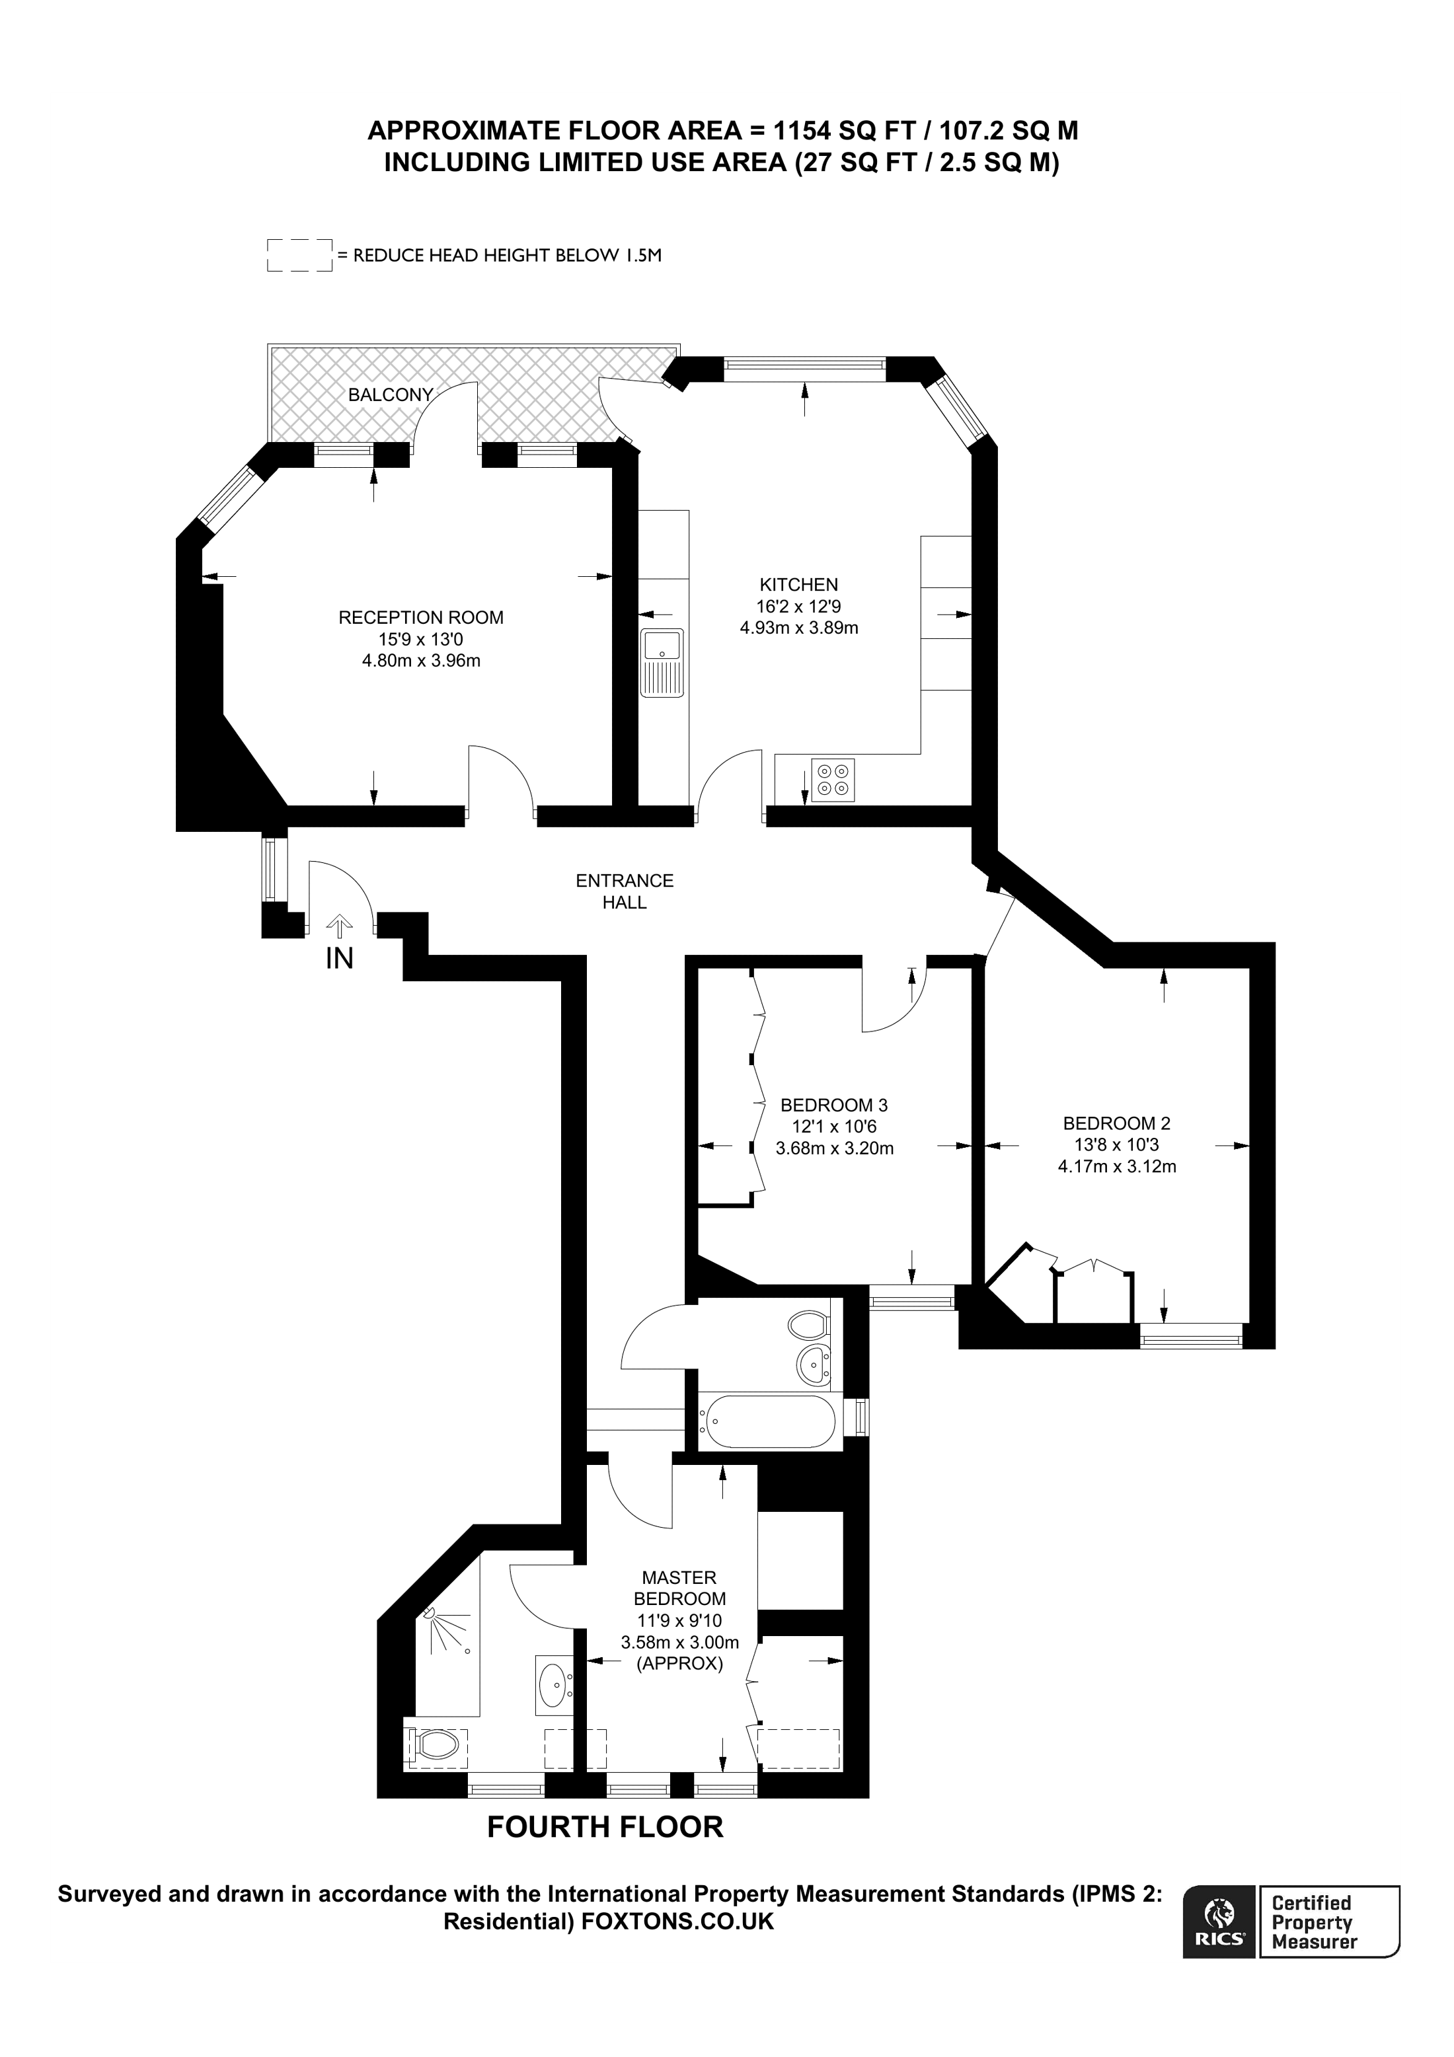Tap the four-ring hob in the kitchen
[x=833, y=778]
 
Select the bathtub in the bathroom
[x=769, y=1422]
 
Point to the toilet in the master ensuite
[x=436, y=1743]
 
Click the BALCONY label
[x=391, y=395]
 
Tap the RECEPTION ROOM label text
[x=420, y=617]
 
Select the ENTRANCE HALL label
[x=625, y=891]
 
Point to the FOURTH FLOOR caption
[x=605, y=1827]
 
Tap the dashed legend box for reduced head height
[x=299, y=255]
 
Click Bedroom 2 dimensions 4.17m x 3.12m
[x=1116, y=1166]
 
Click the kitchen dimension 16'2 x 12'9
[x=798, y=607]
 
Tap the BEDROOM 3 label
[x=833, y=1105]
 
